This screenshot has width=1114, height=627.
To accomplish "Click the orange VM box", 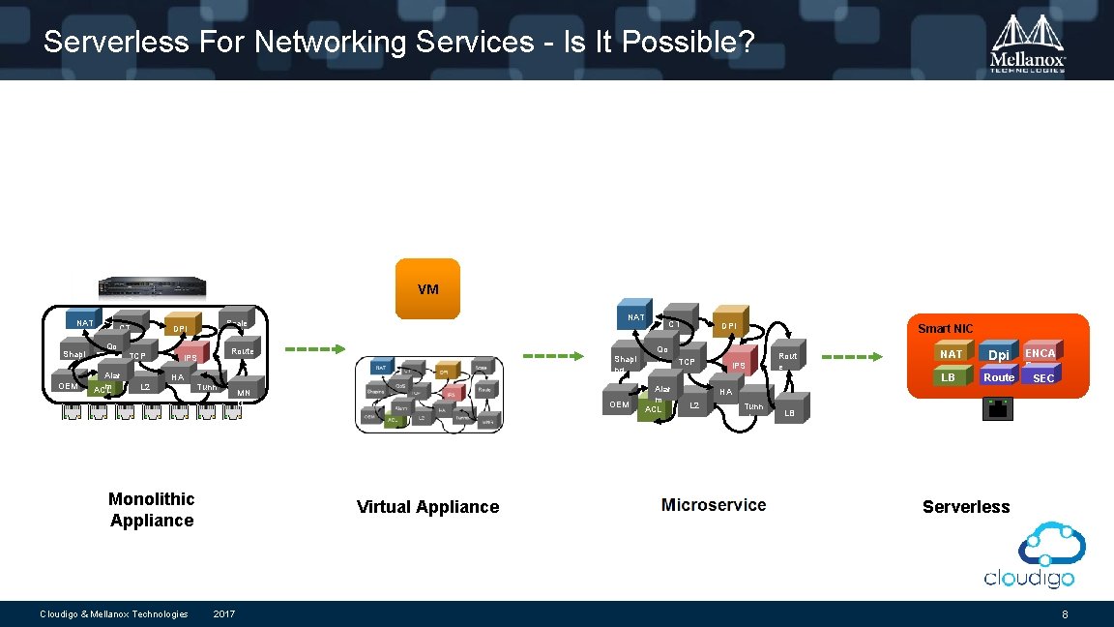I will (427, 288).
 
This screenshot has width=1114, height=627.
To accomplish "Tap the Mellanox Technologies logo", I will (1027, 44).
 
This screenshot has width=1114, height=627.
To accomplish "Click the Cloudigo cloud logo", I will (1029, 554).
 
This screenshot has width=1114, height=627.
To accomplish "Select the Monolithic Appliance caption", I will (151, 510).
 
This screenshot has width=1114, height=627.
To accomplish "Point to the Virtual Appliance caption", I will (427, 507).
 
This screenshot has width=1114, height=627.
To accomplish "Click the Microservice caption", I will (714, 505).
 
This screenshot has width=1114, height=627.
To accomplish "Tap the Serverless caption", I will (965, 507).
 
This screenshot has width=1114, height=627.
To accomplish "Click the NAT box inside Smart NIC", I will (952, 354).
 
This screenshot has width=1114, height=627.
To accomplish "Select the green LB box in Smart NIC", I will (949, 377).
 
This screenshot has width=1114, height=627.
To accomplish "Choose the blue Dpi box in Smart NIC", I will (998, 354).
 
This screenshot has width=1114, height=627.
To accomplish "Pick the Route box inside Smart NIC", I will (998, 377).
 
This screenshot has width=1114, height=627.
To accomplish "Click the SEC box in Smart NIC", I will (1042, 377).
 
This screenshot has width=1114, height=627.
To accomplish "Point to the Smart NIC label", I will (946, 329).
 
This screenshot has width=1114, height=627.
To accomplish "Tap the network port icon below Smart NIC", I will (997, 409).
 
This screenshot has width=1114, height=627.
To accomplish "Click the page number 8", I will (1064, 614).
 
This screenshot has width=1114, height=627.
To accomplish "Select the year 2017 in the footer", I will (224, 614).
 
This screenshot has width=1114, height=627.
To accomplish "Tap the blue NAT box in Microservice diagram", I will (635, 316).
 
